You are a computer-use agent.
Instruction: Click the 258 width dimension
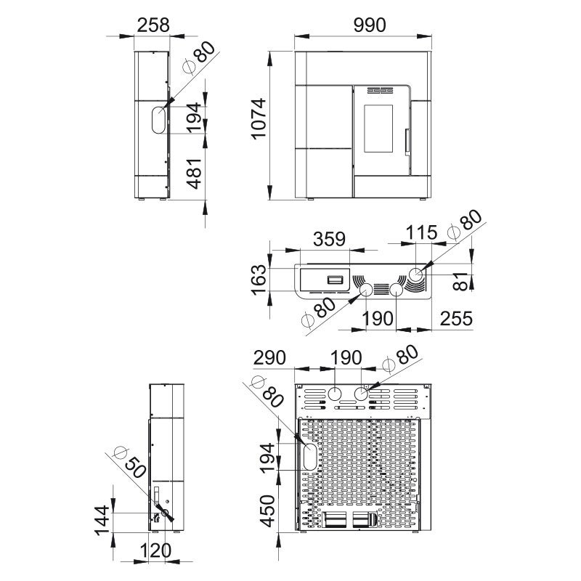(x=153, y=25)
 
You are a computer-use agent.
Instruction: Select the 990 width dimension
(x=370, y=25)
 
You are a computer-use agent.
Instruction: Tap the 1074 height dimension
(x=259, y=118)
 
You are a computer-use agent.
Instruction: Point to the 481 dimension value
(x=194, y=174)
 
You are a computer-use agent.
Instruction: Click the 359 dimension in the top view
(x=329, y=240)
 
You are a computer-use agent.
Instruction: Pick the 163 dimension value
(x=259, y=280)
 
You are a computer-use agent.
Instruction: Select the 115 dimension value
(x=422, y=232)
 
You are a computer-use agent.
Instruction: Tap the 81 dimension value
(x=460, y=281)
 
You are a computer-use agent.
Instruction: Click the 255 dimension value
(x=457, y=319)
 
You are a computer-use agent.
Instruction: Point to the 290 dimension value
(x=269, y=357)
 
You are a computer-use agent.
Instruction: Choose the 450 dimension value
(x=267, y=511)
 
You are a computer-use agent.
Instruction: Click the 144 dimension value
(x=102, y=521)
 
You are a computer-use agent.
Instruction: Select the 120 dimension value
(x=155, y=551)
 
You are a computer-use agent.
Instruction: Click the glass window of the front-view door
(x=378, y=129)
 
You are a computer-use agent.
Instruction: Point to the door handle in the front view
(x=407, y=141)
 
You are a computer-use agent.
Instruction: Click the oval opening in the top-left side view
(x=159, y=120)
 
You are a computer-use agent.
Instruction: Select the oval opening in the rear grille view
(x=310, y=457)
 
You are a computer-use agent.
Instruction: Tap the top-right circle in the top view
(x=416, y=275)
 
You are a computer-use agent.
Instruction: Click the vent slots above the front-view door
(x=380, y=90)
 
